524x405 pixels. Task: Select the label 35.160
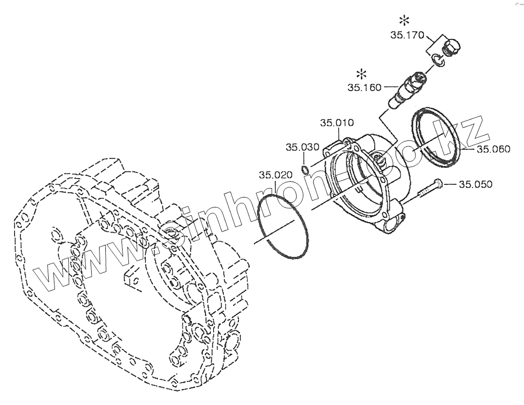[x=365, y=87]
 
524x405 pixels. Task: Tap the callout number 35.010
[x=337, y=123]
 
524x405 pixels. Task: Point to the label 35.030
[x=302, y=147]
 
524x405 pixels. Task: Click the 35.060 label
[x=493, y=149]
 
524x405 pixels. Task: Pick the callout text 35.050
[x=476, y=184]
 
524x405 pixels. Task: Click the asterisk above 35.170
[x=405, y=21]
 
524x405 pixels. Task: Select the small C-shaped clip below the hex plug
[x=438, y=62]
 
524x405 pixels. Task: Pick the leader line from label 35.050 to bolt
[x=450, y=184]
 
